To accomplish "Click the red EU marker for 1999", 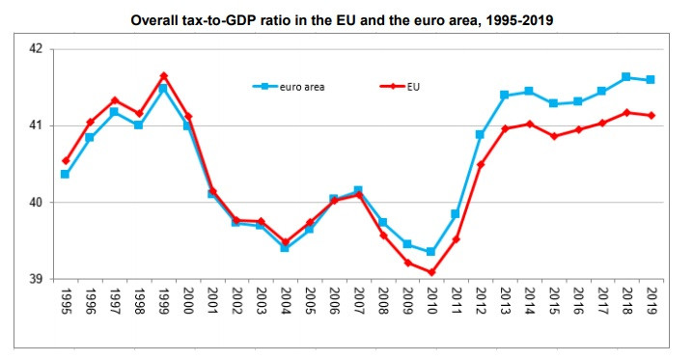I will pyautogui.click(x=163, y=75).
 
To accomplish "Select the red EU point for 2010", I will pyautogui.click(x=430, y=272).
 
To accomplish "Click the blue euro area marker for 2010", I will pyautogui.click(x=430, y=252).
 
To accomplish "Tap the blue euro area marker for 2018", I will pyautogui.click(x=625, y=77).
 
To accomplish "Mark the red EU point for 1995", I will pyautogui.click(x=66, y=160).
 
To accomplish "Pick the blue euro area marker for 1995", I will pyautogui.click(x=65, y=175).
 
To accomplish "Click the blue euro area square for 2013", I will pyautogui.click(x=504, y=95).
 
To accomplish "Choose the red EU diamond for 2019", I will pyautogui.click(x=651, y=115).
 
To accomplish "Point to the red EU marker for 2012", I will pyautogui.click(x=480, y=164).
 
